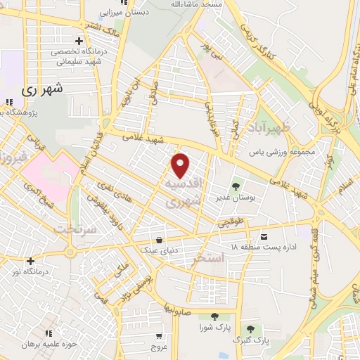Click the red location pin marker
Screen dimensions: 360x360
(181, 165)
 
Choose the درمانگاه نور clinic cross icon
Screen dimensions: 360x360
(30, 262)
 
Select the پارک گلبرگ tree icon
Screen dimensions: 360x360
(250, 329)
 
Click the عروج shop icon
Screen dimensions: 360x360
(160, 335)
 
